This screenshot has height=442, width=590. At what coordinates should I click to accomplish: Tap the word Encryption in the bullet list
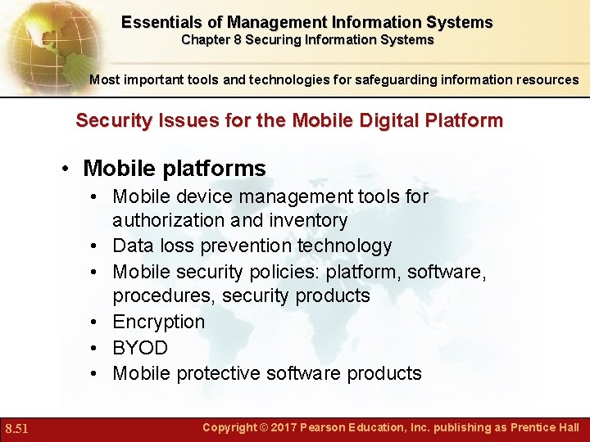158,322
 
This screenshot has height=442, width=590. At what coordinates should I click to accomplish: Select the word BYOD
140,348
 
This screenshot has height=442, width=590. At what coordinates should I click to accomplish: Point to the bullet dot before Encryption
97,322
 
